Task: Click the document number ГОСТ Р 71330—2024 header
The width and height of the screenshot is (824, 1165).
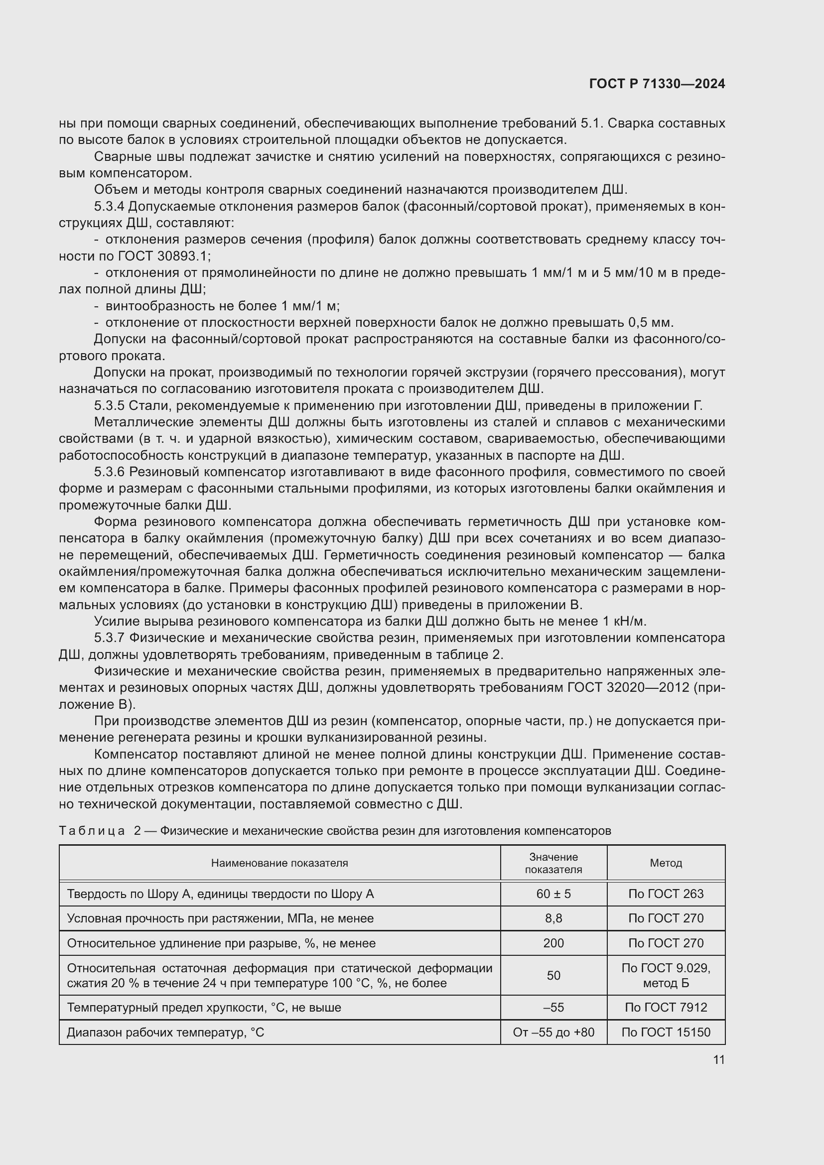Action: [x=657, y=84]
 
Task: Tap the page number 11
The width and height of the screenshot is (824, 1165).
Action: [x=718, y=1059]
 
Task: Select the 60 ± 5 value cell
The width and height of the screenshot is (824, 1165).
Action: [x=553, y=894]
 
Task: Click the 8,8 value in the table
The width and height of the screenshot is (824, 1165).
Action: [x=553, y=918]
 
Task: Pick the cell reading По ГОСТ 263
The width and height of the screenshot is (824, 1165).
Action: [x=666, y=894]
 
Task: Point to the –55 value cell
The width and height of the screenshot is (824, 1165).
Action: [x=553, y=1007]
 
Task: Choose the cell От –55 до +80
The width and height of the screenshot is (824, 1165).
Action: [x=553, y=1032]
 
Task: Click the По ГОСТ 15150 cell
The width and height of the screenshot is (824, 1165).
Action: [x=666, y=1032]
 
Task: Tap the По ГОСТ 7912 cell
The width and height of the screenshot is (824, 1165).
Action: [x=666, y=1007]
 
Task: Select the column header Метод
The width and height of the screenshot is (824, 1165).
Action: [x=666, y=863]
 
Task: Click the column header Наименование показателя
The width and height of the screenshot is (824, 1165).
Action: [x=279, y=863]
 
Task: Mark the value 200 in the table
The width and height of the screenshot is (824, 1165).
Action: [x=553, y=943]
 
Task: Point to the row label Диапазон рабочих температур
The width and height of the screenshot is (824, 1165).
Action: [x=165, y=1032]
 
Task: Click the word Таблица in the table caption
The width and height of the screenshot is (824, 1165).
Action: [x=92, y=831]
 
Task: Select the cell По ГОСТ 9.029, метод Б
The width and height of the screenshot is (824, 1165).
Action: [x=666, y=975]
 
